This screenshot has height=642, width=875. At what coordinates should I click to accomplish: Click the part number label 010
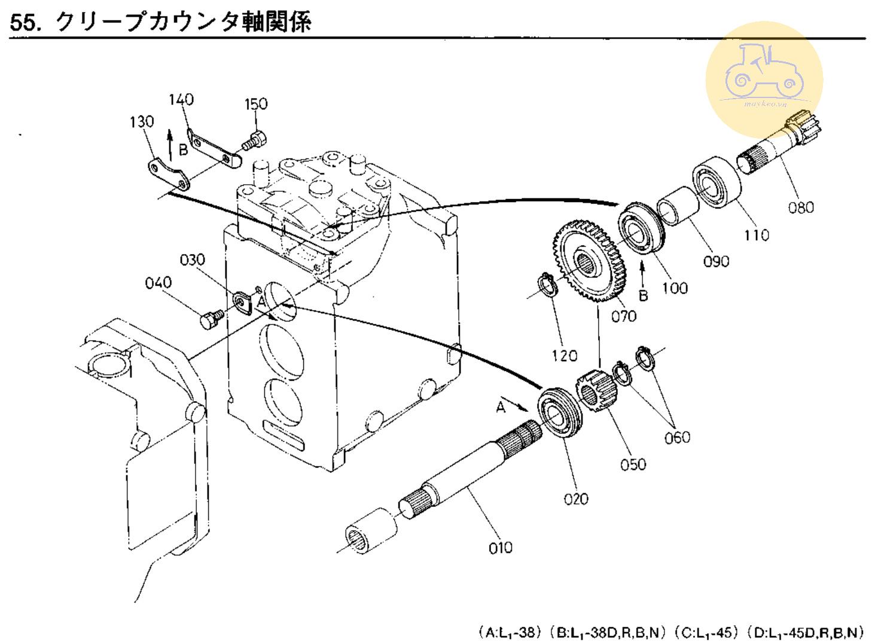(x=500, y=548)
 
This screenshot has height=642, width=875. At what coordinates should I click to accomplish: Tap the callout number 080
(x=800, y=207)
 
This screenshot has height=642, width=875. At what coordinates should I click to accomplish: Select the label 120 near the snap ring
(x=564, y=356)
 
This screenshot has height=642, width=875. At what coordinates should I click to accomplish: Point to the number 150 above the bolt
(x=256, y=104)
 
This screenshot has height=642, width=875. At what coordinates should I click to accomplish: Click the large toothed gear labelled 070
(x=589, y=260)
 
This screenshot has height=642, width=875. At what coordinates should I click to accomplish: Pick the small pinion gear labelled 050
(x=594, y=390)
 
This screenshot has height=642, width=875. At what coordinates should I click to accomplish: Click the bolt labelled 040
(x=211, y=319)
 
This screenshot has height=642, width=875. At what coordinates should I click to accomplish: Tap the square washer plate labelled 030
(x=242, y=301)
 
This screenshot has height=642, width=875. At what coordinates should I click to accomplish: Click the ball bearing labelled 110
(x=716, y=182)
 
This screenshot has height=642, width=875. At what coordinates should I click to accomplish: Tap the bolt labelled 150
(x=254, y=141)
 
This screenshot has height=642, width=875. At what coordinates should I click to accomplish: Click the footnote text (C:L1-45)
(x=707, y=632)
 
